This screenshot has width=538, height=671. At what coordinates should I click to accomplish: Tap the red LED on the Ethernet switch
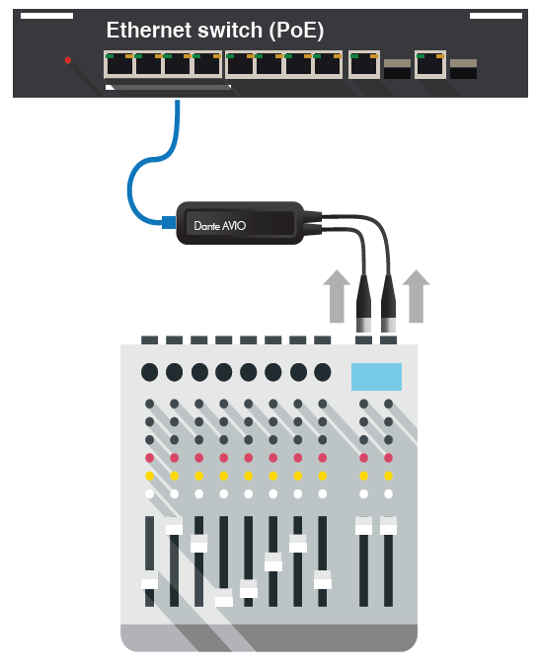(68, 60)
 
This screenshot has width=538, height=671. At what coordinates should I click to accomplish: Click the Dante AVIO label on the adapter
(220, 226)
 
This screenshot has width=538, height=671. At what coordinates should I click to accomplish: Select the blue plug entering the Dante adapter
(169, 223)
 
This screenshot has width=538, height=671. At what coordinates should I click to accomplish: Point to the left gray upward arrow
(337, 296)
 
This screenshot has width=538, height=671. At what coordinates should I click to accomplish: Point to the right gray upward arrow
(416, 296)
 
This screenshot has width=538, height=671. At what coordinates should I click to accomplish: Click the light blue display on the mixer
(377, 377)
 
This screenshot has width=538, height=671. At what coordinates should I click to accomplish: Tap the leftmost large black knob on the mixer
(149, 372)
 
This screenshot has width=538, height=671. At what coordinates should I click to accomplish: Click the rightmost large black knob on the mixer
(322, 372)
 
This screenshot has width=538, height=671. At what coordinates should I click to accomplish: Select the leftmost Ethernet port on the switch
(119, 64)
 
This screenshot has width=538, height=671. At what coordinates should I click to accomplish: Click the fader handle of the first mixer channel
(149, 584)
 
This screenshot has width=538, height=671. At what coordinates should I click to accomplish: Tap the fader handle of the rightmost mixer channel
(388, 526)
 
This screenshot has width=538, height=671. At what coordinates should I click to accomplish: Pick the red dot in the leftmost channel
(149, 458)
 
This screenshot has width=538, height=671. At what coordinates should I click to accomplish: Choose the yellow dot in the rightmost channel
(388, 476)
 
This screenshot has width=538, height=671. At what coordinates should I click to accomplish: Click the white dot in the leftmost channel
(149, 493)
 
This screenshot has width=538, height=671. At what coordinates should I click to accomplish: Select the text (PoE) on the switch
(296, 31)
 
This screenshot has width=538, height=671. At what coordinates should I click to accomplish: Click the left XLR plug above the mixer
(364, 304)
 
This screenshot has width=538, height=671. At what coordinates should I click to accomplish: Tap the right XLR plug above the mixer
(388, 304)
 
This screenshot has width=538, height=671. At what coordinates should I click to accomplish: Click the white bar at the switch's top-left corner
(46, 16)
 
